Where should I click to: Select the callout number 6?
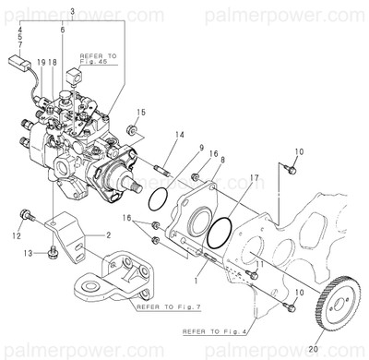[63, 30]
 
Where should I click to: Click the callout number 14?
[180, 136]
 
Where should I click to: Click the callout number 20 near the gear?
[312, 348]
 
